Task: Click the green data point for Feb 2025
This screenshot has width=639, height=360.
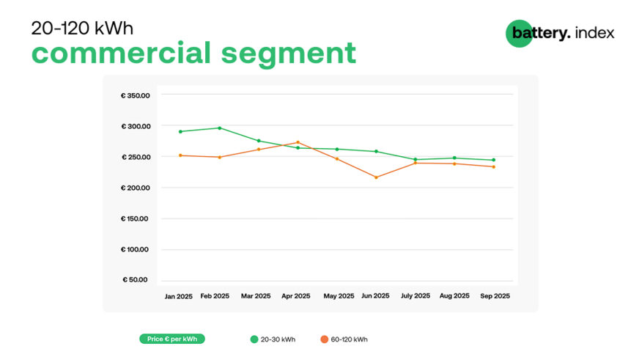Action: pyautogui.click(x=219, y=128)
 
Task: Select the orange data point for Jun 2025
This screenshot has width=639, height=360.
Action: pyautogui.click(x=376, y=177)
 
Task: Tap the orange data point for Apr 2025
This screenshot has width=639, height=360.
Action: pyautogui.click(x=298, y=142)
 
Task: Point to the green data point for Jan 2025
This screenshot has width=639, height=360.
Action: pyautogui.click(x=180, y=132)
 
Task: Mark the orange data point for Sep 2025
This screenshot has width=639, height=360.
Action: pyautogui.click(x=493, y=166)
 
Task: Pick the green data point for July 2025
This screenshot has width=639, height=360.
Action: pyautogui.click(x=415, y=160)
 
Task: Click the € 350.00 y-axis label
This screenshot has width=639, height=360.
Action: pyautogui.click(x=136, y=95)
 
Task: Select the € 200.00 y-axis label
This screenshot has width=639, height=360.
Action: pyautogui.click(x=136, y=188)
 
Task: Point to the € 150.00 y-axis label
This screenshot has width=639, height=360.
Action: pyautogui.click(x=136, y=218)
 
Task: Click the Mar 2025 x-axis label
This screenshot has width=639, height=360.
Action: pyautogui.click(x=256, y=296)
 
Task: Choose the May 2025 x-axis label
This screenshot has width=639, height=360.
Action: pyautogui.click(x=339, y=296)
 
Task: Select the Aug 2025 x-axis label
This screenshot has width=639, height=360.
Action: pyautogui.click(x=454, y=296)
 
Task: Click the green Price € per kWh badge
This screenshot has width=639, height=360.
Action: pyautogui.click(x=172, y=339)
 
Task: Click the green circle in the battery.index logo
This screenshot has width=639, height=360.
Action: pyautogui.click(x=517, y=34)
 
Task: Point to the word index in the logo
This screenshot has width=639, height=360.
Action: pyautogui.click(x=595, y=33)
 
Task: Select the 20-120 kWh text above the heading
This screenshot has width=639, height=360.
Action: pyautogui.click(x=82, y=28)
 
